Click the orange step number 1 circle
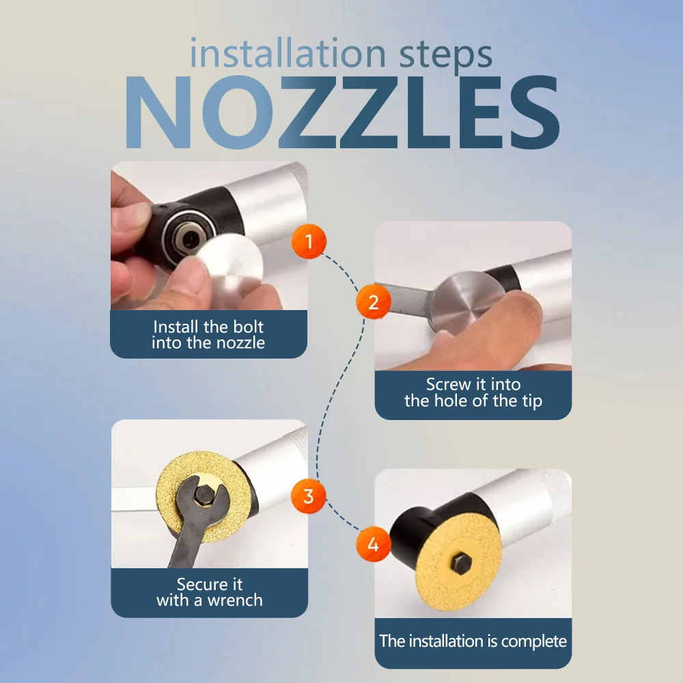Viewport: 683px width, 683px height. pyautogui.click(x=309, y=241)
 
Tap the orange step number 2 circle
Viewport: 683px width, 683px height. pyautogui.click(x=374, y=302)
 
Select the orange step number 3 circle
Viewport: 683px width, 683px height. pyautogui.click(x=309, y=496)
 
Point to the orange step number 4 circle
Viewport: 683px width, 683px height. pyautogui.click(x=374, y=544)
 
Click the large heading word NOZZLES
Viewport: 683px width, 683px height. pyautogui.click(x=342, y=113)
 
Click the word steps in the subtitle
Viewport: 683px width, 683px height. pyautogui.click(x=445, y=55)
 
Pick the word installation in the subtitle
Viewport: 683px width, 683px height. pyautogui.click(x=288, y=53)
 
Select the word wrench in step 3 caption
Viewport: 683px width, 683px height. pyautogui.click(x=235, y=600)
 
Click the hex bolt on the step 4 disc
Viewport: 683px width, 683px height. pyautogui.click(x=461, y=563)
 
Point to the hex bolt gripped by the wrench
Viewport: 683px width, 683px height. pyautogui.click(x=204, y=494)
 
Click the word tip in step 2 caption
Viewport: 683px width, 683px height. pyautogui.click(x=531, y=401)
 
